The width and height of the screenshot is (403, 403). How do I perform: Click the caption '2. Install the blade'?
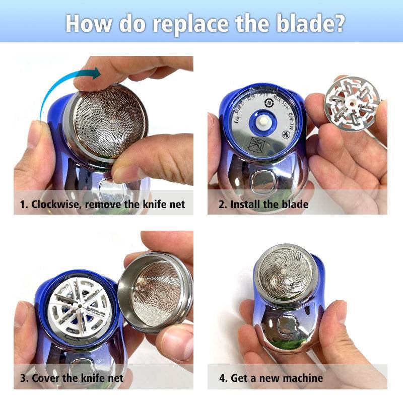263,204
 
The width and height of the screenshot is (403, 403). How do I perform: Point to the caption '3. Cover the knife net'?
72,377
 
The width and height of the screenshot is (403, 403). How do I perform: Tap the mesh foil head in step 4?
285,275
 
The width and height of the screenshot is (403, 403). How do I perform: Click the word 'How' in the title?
86,23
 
